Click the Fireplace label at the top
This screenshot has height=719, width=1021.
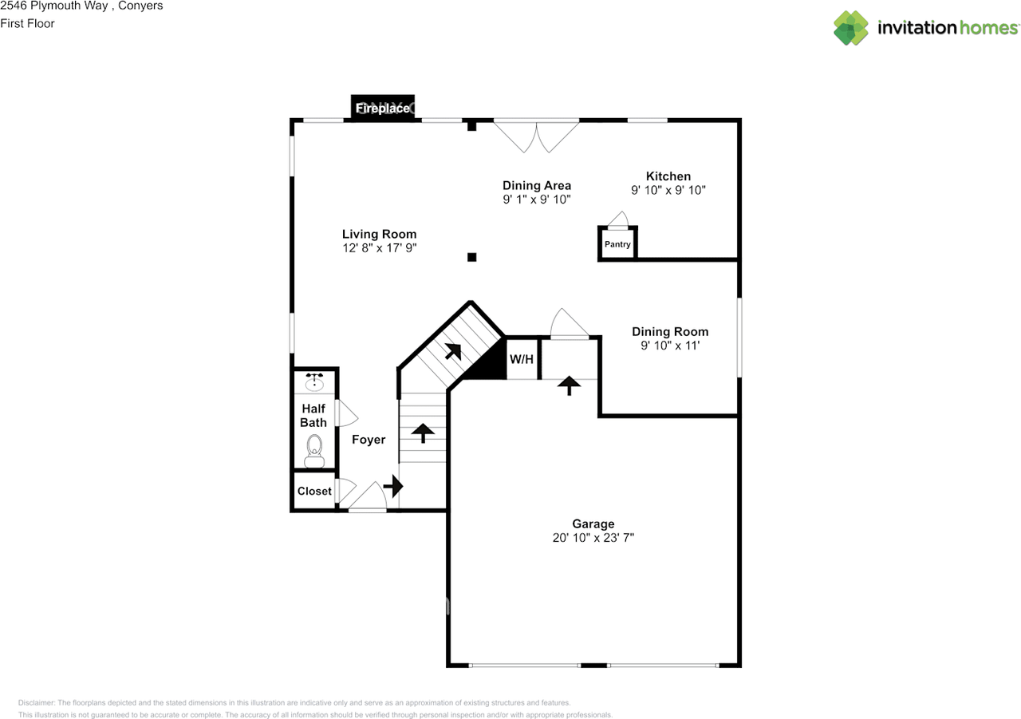pyautogui.click(x=383, y=108)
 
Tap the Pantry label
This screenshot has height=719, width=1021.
pyautogui.click(x=617, y=244)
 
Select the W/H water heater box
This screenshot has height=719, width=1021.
pyautogui.click(x=522, y=359)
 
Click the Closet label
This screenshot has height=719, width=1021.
pyautogui.click(x=314, y=492)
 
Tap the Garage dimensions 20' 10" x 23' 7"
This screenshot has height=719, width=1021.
pyautogui.click(x=593, y=538)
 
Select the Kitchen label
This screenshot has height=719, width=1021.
pyautogui.click(x=668, y=176)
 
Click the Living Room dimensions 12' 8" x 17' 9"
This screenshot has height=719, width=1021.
pyautogui.click(x=380, y=248)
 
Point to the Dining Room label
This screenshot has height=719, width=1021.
pyautogui.click(x=670, y=332)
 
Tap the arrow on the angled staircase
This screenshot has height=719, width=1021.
pyautogui.click(x=452, y=351)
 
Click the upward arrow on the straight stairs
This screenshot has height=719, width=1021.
pyautogui.click(x=422, y=433)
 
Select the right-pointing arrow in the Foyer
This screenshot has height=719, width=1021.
pyautogui.click(x=393, y=485)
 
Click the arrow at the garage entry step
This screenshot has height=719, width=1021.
pyautogui.click(x=569, y=385)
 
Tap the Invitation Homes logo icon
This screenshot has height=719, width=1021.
pyautogui.click(x=851, y=28)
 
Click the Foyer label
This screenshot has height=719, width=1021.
pyautogui.click(x=369, y=440)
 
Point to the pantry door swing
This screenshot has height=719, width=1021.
pyautogui.click(x=618, y=219)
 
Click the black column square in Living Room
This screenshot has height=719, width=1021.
pyautogui.click(x=471, y=257)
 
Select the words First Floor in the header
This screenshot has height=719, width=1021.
pyautogui.click(x=27, y=23)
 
